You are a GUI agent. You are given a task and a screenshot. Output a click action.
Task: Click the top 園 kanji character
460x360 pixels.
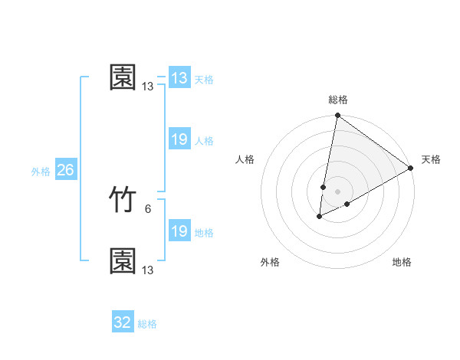click(123, 77)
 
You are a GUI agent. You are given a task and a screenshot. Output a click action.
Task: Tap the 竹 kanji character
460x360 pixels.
click(123, 200)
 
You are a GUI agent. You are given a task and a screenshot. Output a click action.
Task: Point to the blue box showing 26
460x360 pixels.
click(65, 170)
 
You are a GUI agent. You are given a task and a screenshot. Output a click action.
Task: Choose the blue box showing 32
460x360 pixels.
click(123, 322)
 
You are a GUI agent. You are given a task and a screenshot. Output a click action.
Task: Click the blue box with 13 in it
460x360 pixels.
click(179, 78)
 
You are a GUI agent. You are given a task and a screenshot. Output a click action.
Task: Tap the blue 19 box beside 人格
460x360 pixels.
click(179, 139)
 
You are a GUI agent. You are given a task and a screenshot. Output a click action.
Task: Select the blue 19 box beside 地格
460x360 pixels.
click(179, 231)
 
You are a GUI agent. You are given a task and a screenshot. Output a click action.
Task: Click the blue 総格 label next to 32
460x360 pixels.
click(147, 324)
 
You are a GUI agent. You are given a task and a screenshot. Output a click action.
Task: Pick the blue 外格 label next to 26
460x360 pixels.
click(41, 172)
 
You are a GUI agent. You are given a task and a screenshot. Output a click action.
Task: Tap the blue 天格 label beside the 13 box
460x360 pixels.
click(204, 80)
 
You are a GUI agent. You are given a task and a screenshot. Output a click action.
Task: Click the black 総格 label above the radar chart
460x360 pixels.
click(338, 100)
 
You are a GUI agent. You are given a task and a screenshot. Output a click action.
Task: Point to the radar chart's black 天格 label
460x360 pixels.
click(431, 159)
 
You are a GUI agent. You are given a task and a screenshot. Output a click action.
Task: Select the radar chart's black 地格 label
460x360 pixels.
click(402, 263)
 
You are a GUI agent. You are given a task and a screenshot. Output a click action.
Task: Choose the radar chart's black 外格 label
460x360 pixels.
click(270, 263)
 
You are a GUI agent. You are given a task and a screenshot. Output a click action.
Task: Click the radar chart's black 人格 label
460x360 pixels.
click(245, 159)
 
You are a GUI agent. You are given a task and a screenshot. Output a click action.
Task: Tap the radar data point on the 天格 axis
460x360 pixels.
click(411, 168)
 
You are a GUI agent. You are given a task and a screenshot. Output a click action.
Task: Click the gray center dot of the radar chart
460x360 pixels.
click(338, 191)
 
